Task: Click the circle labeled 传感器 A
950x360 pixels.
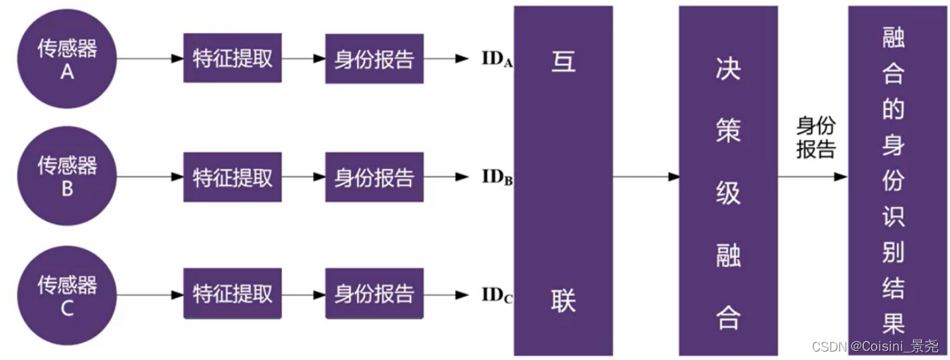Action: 67,59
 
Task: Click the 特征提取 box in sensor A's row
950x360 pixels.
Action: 233,58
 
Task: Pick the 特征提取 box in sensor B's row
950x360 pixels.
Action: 233,177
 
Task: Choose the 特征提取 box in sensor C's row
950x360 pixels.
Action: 233,294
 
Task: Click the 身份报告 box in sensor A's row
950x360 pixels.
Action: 374,58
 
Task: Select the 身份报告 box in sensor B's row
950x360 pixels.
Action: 374,177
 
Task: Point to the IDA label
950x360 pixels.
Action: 497,59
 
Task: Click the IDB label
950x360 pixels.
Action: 497,177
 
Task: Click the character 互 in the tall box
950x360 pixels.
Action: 563,61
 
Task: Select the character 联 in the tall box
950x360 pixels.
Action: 563,301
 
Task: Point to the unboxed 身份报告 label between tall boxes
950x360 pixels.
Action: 815,138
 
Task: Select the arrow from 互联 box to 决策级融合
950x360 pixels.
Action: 646,177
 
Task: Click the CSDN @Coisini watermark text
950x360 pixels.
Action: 875,347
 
